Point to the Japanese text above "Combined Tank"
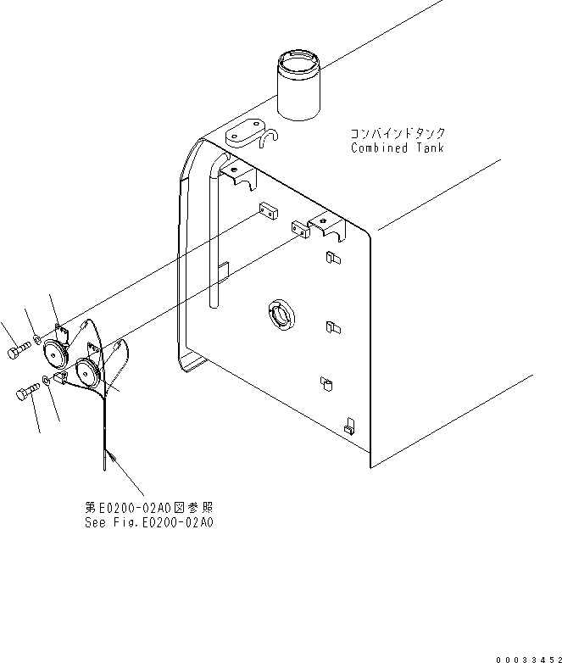tap(398, 134)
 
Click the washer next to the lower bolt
tap(47, 381)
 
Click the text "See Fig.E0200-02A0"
tap(149, 522)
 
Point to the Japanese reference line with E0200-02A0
tap(149, 508)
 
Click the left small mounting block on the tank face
tap(268, 212)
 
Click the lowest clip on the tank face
tap(348, 424)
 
